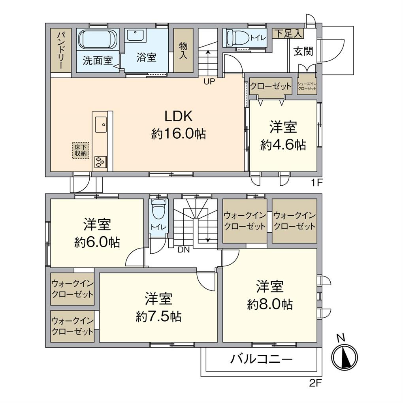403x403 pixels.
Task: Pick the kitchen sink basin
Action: tap(101, 124)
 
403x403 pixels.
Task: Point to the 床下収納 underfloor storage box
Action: tap(81, 151)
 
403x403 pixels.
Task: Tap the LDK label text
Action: tap(179, 116)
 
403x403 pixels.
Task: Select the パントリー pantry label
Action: tap(61, 51)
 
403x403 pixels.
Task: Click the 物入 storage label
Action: tap(183, 51)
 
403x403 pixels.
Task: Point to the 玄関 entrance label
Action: tap(303, 51)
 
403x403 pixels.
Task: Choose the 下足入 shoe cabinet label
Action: tap(288, 34)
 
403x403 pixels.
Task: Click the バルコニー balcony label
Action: tap(262, 359)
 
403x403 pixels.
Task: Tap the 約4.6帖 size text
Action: tap(283, 145)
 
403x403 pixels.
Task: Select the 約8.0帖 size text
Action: tap(270, 304)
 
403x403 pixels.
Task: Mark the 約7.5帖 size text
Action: tap(158, 316)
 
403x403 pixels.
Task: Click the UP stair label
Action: tap(209, 81)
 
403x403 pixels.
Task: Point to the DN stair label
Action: tap(183, 250)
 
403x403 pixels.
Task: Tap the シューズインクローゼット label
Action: tap(307, 86)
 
